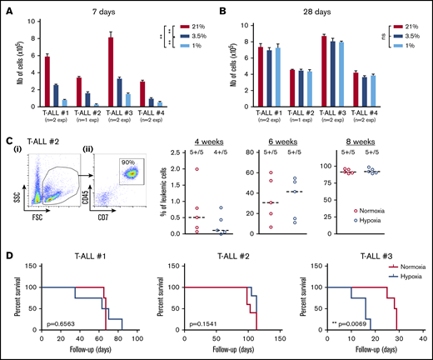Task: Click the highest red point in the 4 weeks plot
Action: (x=197, y=169)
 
